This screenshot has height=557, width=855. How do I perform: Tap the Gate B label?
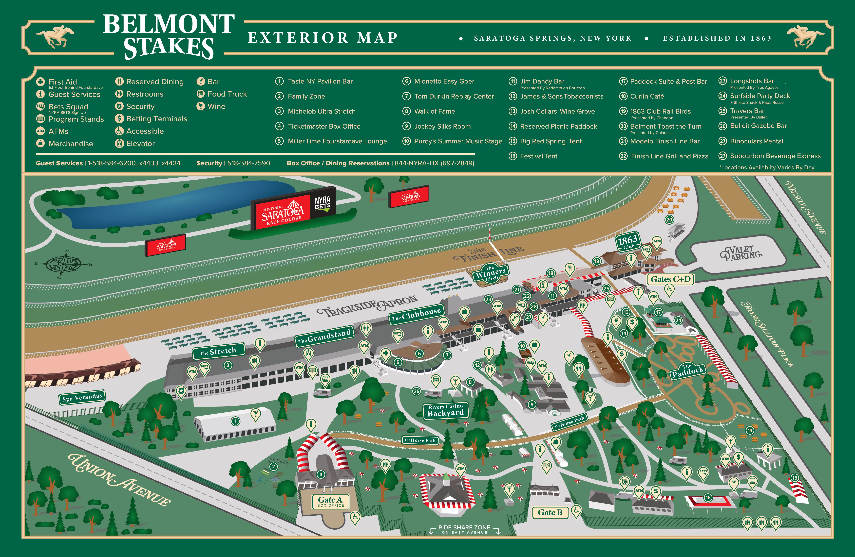click(550, 512)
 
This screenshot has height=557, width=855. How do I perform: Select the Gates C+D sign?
click(670, 279)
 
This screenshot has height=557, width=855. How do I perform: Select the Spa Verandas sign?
click(82, 397)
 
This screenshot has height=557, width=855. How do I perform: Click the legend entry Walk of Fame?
click(434, 111)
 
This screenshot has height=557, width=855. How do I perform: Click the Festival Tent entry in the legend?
click(538, 156)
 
